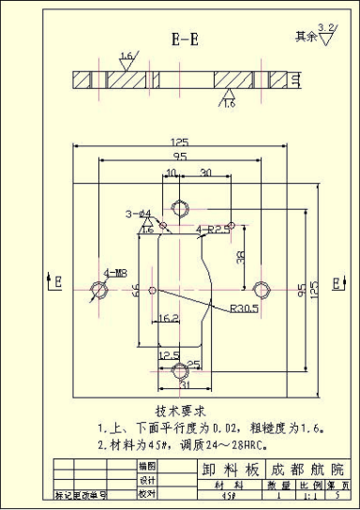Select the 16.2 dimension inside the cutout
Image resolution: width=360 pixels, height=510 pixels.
click(169, 319)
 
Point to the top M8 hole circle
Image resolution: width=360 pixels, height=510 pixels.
click(180, 204)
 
